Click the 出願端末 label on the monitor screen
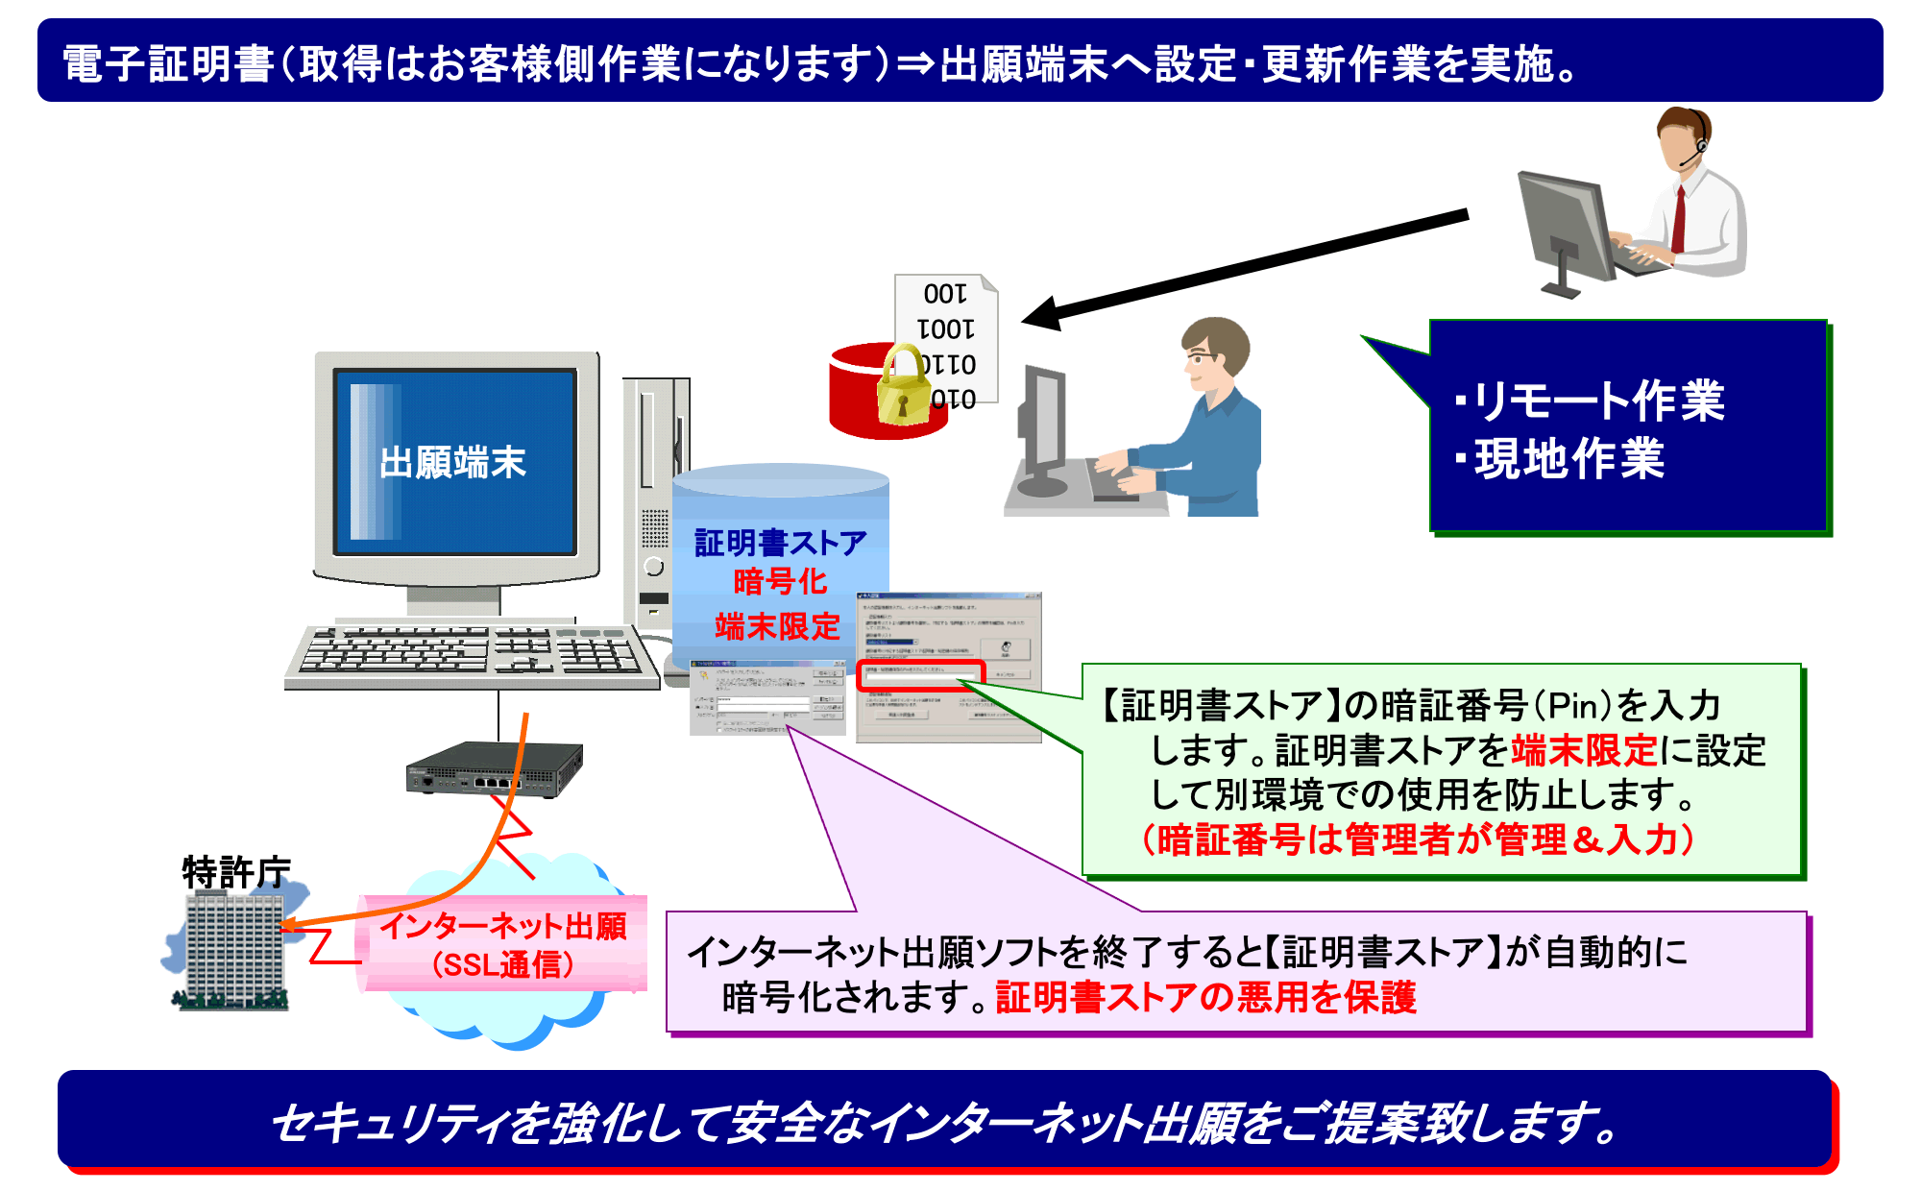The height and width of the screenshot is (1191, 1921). tap(452, 462)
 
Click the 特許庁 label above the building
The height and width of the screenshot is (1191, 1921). tap(235, 871)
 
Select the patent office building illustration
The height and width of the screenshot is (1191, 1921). tap(233, 951)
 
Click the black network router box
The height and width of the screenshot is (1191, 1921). tap(494, 768)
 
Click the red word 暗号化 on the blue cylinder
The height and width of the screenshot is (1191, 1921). tap(779, 581)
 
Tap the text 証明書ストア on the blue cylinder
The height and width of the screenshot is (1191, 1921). tap(779, 543)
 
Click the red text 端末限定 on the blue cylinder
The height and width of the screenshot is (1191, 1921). tap(777, 625)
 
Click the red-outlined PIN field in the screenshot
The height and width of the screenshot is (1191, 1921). tap(920, 675)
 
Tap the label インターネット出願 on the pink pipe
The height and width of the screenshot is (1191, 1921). tap(503, 926)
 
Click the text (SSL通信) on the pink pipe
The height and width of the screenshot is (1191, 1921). tap(503, 964)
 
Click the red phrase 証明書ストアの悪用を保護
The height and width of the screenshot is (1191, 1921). tap(1205, 997)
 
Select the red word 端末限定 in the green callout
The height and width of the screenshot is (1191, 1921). tap(1584, 749)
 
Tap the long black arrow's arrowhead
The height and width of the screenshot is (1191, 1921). tap(1042, 313)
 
